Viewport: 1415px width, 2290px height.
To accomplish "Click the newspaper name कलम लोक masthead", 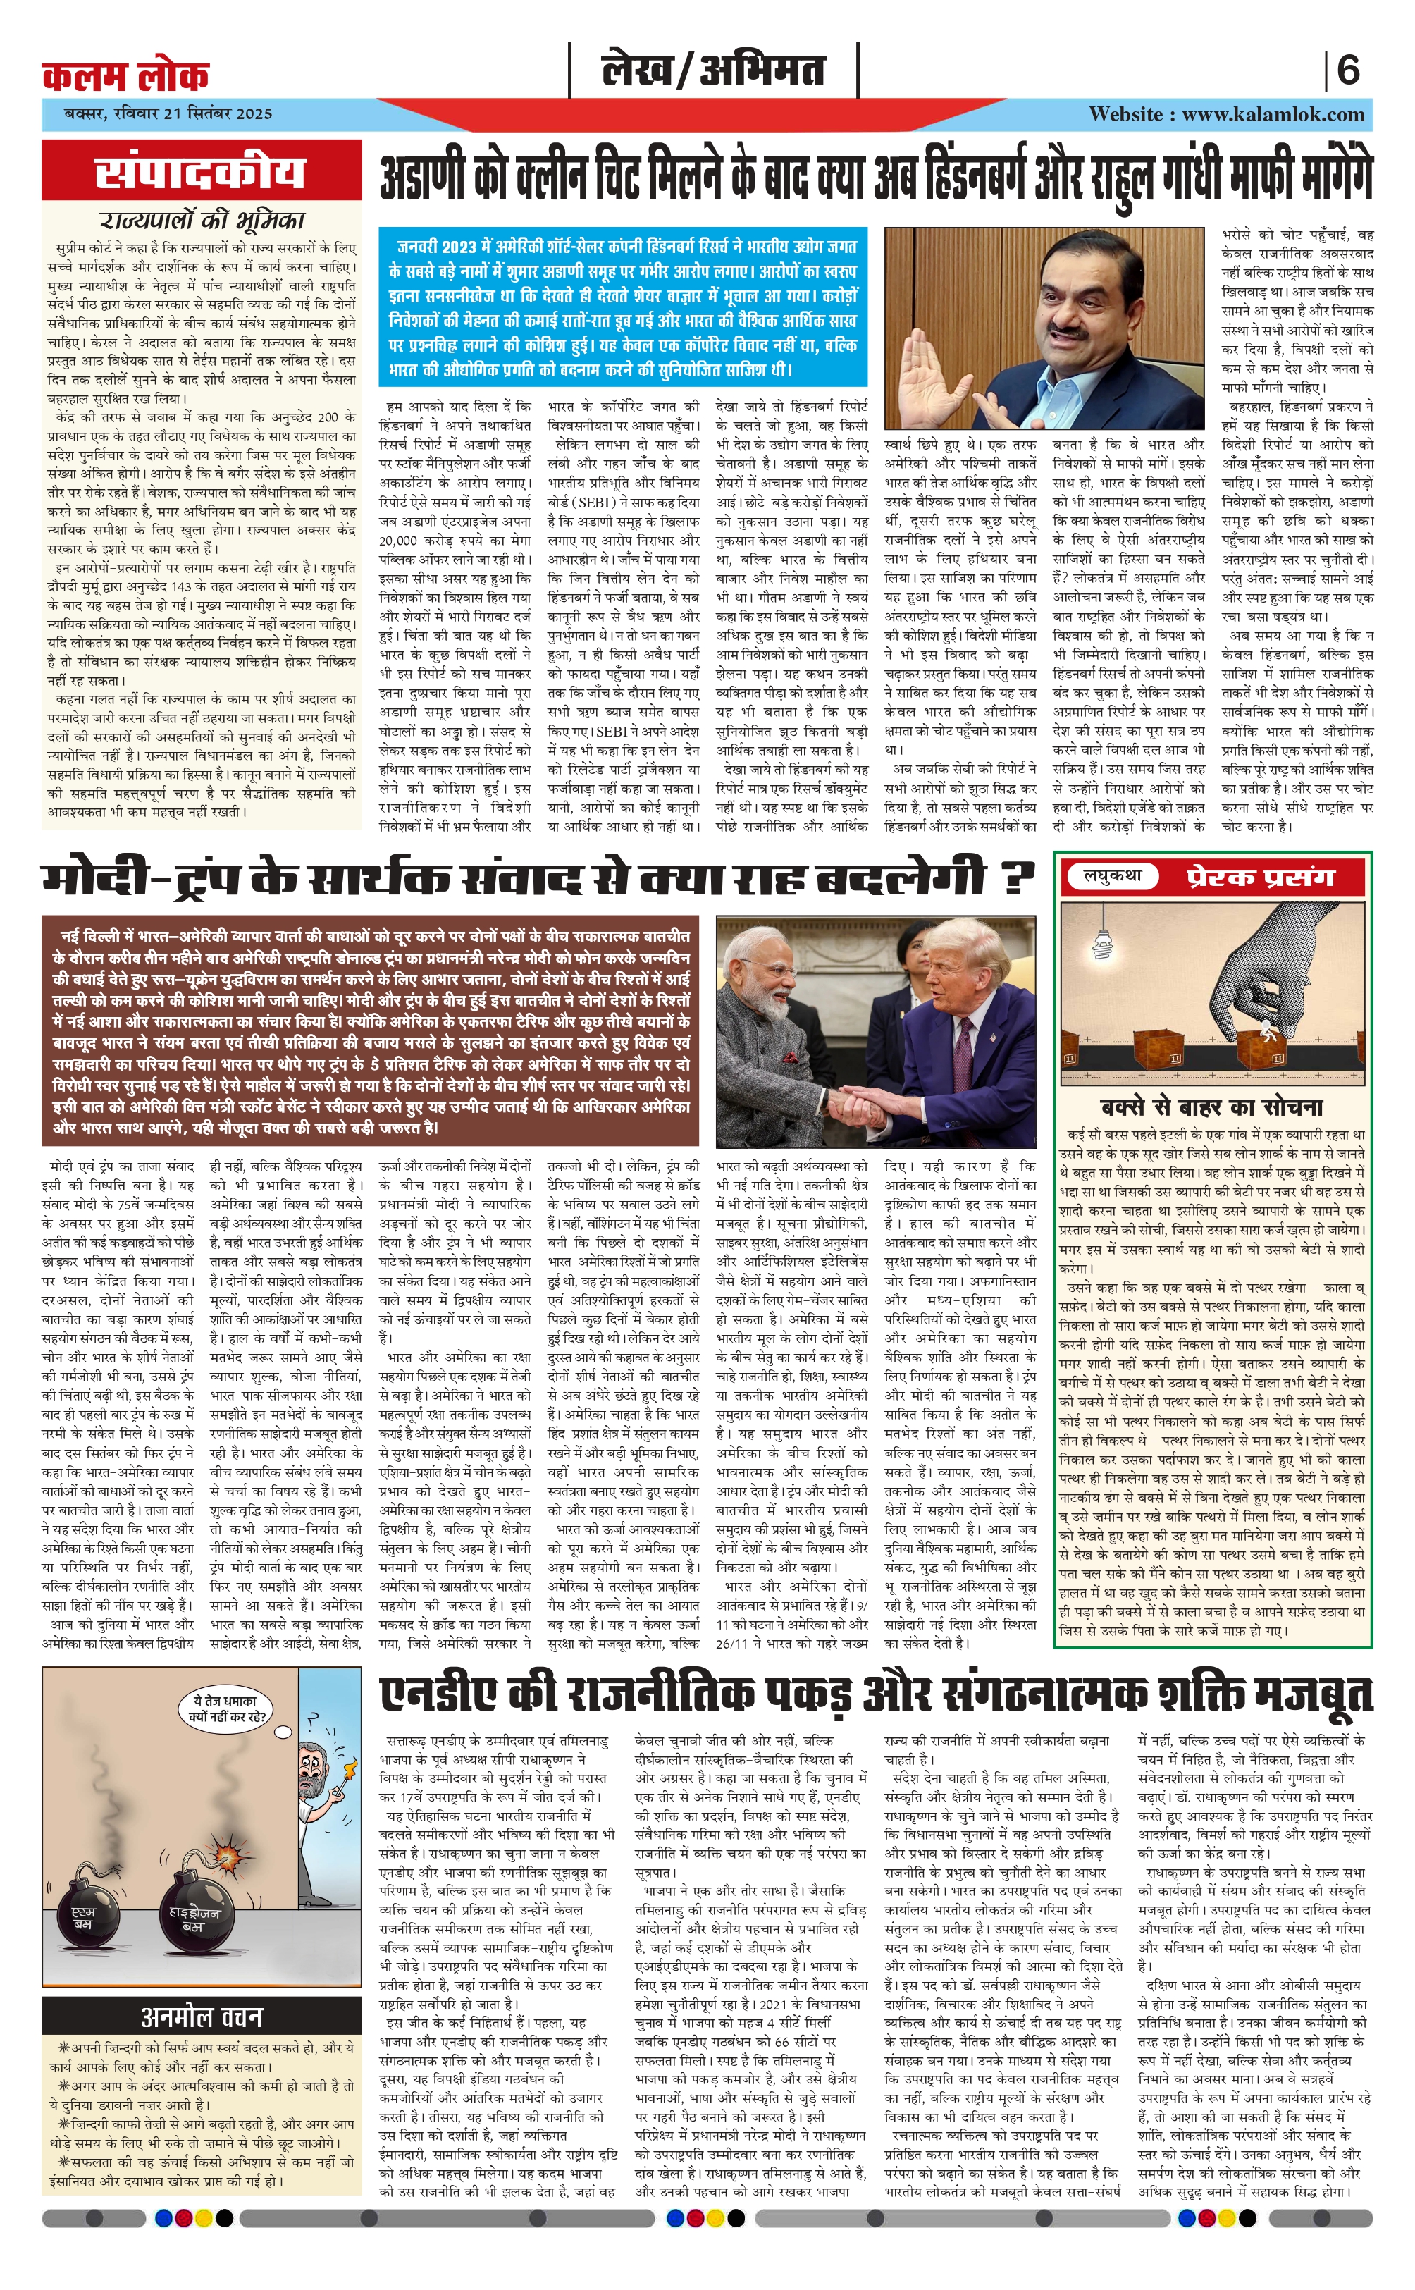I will tap(125, 75).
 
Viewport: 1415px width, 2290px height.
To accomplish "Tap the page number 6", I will tap(1347, 71).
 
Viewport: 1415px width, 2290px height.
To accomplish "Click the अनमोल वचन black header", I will tap(202, 2017).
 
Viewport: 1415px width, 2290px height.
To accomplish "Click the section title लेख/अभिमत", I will tap(713, 71).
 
